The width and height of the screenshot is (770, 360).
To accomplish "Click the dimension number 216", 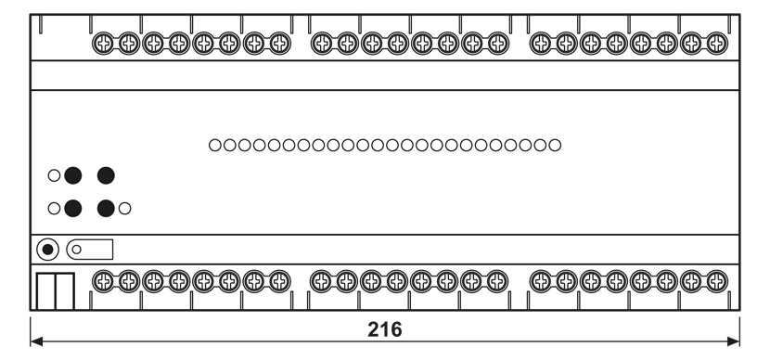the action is [x=384, y=329].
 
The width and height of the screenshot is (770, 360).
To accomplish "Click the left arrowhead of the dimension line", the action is [x=36, y=341].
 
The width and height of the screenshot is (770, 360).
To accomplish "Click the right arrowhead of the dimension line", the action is [x=734, y=341].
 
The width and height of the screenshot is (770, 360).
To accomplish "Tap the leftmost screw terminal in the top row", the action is [x=103, y=44].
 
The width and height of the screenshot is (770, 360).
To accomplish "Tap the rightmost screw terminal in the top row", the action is [x=717, y=44].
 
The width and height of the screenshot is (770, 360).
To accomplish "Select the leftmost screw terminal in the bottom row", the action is [x=103, y=282].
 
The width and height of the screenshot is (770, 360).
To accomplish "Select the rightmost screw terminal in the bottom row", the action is [x=717, y=282].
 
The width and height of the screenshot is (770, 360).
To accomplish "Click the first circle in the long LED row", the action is [x=214, y=145].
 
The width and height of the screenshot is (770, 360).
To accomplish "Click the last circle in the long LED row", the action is [x=555, y=145].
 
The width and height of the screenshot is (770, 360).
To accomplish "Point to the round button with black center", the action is [x=47, y=250].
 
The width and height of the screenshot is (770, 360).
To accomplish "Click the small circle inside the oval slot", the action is [x=77, y=250].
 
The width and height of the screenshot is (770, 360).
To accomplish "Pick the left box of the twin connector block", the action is [x=45, y=291].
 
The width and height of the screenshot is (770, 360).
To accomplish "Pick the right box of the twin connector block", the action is [x=65, y=291].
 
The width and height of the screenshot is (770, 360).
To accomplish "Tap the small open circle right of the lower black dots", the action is [x=124, y=208].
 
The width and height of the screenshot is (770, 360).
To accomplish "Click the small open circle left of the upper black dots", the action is [x=54, y=175].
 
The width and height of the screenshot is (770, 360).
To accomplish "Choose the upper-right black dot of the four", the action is [x=106, y=175].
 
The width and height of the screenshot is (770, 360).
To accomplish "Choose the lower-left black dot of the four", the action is [x=72, y=208].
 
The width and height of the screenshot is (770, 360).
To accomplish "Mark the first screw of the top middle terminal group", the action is [x=322, y=44].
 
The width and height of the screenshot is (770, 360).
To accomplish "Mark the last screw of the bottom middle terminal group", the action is [x=497, y=282].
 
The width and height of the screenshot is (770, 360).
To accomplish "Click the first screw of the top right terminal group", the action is [x=541, y=44].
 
